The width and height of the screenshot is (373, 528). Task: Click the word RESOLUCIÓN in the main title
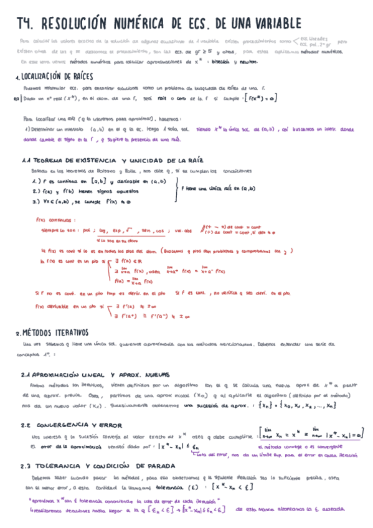pyautogui.click(x=85, y=24)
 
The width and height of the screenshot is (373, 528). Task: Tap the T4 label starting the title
pyautogui.click(x=26, y=24)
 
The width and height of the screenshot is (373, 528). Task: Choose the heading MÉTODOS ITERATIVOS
pyautogui.click(x=55, y=332)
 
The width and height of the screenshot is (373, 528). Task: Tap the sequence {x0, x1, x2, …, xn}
pyautogui.click(x=314, y=387)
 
